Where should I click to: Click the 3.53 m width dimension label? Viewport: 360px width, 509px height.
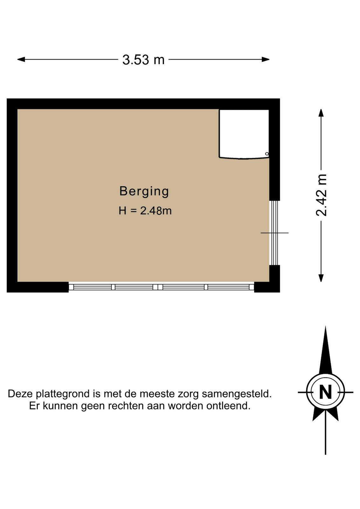pyautogui.click(x=143, y=60)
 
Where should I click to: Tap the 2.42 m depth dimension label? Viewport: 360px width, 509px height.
pyautogui.click(x=321, y=195)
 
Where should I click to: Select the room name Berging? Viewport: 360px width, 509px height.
pyautogui.click(x=144, y=191)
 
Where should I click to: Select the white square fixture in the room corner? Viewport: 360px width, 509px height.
pyautogui.click(x=244, y=134)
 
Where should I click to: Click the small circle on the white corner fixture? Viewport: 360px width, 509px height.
pyautogui.click(x=267, y=154)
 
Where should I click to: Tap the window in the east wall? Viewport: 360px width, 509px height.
pyautogui.click(x=274, y=233)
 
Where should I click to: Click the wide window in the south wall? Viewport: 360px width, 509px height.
pyautogui.click(x=161, y=287)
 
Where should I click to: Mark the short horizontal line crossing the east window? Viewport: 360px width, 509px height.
pyautogui.click(x=274, y=233)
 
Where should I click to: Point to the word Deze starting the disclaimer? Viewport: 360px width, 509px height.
pyautogui.click(x=21, y=394)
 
